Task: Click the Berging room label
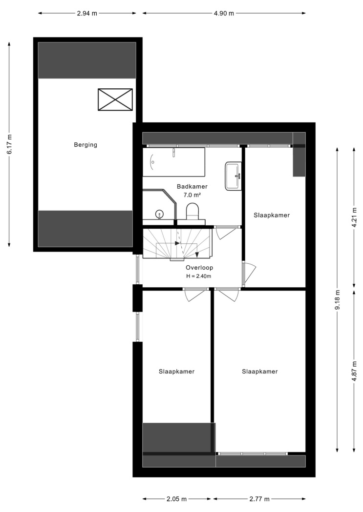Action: click(x=85, y=145)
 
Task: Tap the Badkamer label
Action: click(x=192, y=186)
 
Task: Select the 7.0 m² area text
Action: click(x=192, y=195)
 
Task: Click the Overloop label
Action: click(x=199, y=267)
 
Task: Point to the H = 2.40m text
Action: click(x=198, y=276)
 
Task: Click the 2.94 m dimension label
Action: click(x=87, y=13)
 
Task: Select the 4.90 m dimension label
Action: click(x=224, y=13)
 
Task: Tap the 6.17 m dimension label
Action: click(x=9, y=144)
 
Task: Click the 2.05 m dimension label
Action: click(x=176, y=499)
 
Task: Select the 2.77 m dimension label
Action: click(x=259, y=499)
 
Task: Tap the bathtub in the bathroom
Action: click(x=173, y=162)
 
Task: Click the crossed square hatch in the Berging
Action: click(x=115, y=99)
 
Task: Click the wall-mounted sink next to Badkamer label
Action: click(x=233, y=176)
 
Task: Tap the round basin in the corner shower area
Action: click(x=159, y=214)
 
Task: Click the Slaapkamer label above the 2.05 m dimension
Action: click(x=176, y=371)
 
